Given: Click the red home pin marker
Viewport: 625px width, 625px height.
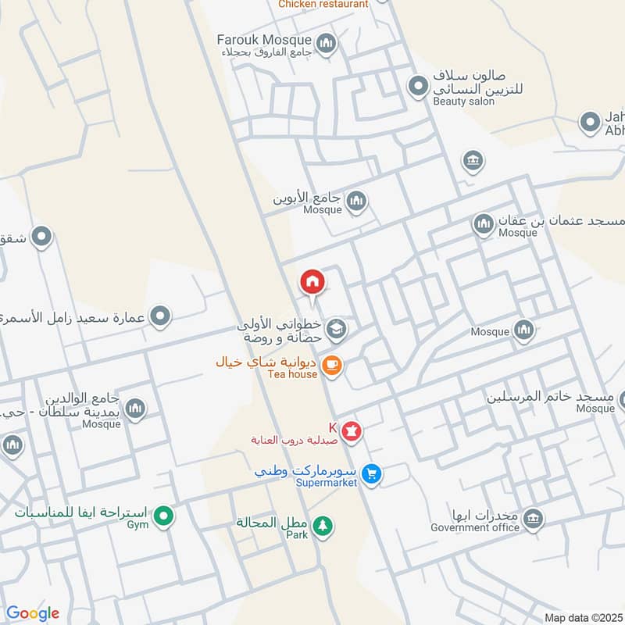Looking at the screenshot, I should pyautogui.click(x=312, y=282).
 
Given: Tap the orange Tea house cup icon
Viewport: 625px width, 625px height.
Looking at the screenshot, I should pyautogui.click(x=332, y=365).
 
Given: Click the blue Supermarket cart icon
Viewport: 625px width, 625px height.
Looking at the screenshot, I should pyautogui.click(x=372, y=473).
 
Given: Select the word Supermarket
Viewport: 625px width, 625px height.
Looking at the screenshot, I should pyautogui.click(x=327, y=483).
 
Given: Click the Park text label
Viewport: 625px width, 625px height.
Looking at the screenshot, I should pyautogui.click(x=296, y=536).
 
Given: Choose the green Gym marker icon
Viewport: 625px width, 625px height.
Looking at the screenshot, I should pyautogui.click(x=163, y=516).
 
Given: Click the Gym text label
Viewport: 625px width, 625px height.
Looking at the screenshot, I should pyautogui.click(x=137, y=525).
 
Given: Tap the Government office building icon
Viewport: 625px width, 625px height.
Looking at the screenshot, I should pyautogui.click(x=533, y=519).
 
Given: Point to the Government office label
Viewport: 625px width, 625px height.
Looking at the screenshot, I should pyautogui.click(x=475, y=527).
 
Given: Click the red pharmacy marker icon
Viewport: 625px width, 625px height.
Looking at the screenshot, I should pyautogui.click(x=352, y=430).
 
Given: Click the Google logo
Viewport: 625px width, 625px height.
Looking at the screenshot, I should pyautogui.click(x=33, y=613).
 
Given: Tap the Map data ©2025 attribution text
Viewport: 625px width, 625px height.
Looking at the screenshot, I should pyautogui.click(x=582, y=617).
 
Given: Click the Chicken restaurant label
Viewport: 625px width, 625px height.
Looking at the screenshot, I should pyautogui.click(x=323, y=4).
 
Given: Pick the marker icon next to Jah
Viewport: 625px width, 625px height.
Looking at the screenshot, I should pyautogui.click(x=589, y=123).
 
